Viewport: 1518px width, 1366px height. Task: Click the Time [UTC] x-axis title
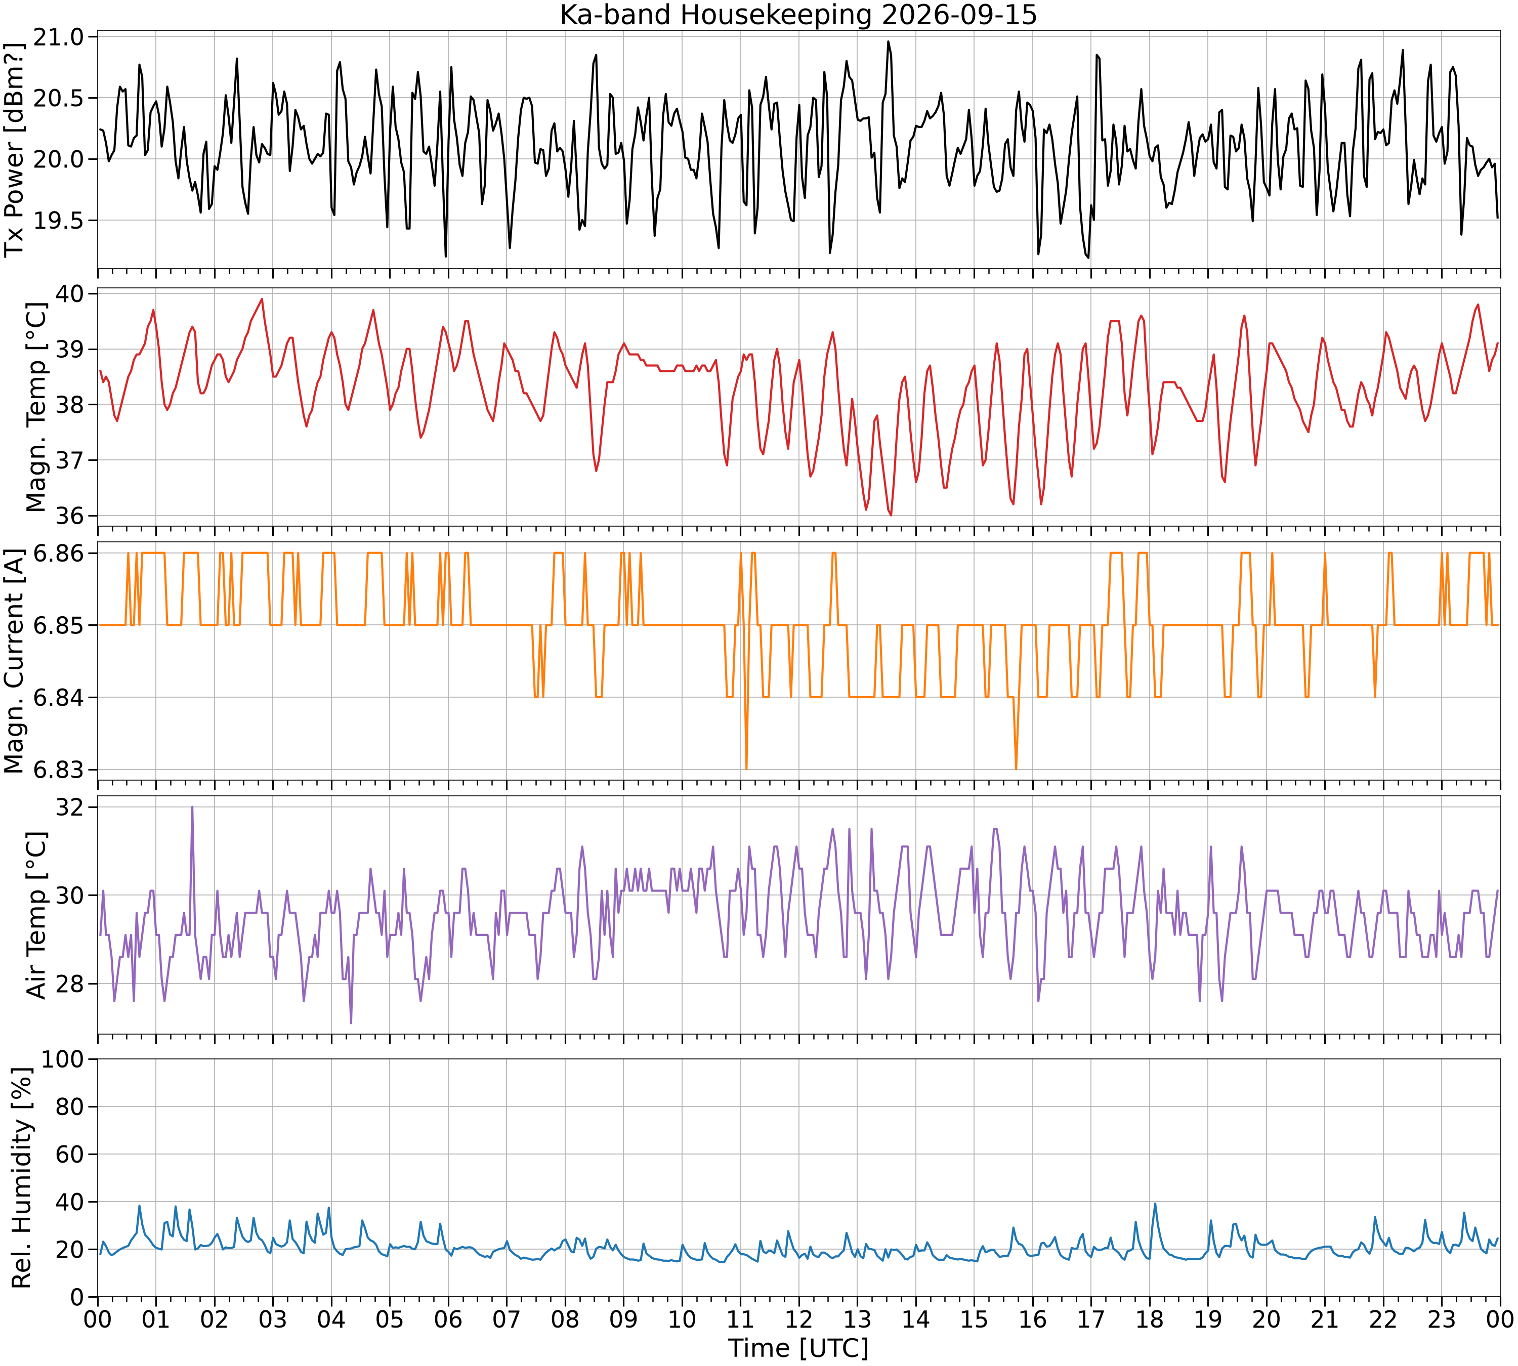tap(798, 1348)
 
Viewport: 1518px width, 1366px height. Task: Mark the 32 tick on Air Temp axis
tap(72, 807)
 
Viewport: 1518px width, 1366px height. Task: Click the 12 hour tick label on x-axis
tap(799, 1319)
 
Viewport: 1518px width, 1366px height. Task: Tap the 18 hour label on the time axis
tap(1150, 1319)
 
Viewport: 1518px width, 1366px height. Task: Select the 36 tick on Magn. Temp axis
tap(72, 516)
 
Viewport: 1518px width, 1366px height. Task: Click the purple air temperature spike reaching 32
tap(192, 807)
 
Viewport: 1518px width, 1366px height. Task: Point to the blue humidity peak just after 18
tap(1155, 1204)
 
